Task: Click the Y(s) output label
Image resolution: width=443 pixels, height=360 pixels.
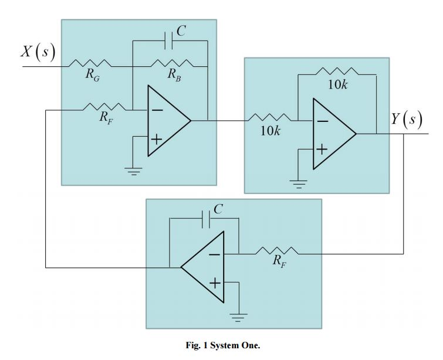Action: coord(407,120)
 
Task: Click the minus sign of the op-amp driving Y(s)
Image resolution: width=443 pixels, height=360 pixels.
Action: coord(323,121)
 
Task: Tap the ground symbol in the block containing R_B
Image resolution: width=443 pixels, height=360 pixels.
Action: coord(134,172)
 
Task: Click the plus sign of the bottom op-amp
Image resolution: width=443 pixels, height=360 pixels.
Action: coord(215,284)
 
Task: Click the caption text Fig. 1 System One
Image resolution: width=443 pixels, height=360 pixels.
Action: coord(222,345)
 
